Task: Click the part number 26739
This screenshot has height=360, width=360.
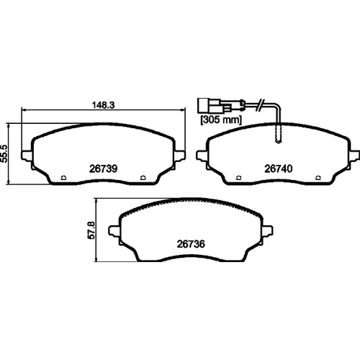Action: click(103, 168)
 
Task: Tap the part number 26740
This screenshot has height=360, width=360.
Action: click(279, 168)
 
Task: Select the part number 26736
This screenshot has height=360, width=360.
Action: click(191, 244)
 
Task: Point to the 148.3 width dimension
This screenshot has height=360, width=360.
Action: click(104, 105)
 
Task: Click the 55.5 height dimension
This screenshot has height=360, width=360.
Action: click(5, 154)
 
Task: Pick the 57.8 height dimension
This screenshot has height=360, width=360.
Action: click(91, 230)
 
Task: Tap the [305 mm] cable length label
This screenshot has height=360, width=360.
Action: click(221, 120)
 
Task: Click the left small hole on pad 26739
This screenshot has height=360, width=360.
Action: click(63, 178)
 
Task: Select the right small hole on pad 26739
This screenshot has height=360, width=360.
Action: click(143, 178)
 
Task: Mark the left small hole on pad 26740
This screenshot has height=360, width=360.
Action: click(239, 178)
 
